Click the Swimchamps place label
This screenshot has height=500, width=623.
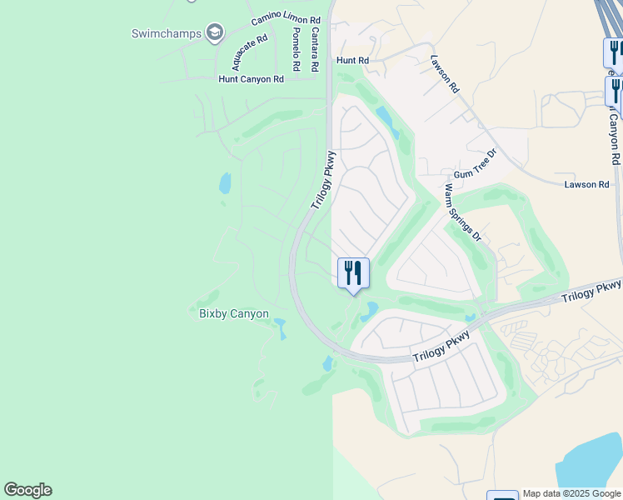pos(167,33)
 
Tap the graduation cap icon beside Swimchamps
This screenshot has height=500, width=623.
pos(215,32)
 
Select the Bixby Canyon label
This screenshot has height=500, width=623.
pos(234,314)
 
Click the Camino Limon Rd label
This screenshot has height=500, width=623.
pos(286,18)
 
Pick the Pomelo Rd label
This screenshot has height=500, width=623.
pos(296,48)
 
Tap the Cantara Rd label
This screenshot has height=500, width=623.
pos(315,48)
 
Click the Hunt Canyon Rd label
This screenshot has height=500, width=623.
pos(251,79)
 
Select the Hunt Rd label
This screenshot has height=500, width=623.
pos(352,61)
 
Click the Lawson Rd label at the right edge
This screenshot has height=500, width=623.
pos(587,184)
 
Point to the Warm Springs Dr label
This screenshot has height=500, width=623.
pos(463,212)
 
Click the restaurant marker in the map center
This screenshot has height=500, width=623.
pos(353,272)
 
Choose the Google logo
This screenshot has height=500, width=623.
pos(27,490)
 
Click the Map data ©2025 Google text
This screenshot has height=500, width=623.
pos(571,493)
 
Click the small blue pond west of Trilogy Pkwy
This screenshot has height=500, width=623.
pos(225,182)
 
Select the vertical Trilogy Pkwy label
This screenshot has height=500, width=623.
pos(323,179)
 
